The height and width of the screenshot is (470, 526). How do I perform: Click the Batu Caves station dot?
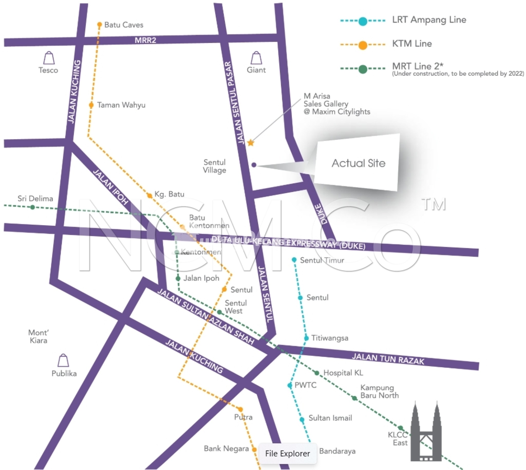[99, 24]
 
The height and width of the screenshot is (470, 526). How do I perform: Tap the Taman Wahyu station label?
[121, 105]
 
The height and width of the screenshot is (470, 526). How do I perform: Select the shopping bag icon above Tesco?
[49, 58]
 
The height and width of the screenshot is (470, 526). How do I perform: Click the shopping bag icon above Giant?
[256, 58]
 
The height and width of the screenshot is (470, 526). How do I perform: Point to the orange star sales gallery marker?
[250, 143]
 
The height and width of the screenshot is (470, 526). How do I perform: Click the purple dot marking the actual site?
[254, 165]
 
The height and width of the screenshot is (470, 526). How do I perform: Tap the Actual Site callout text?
[358, 163]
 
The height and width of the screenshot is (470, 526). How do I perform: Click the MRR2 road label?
[145, 40]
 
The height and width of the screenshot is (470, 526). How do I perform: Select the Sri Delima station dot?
[33, 207]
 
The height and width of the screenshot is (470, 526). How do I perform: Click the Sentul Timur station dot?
[294, 260]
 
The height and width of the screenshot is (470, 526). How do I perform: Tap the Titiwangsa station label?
[330, 338]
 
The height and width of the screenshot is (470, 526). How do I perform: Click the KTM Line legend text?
[412, 44]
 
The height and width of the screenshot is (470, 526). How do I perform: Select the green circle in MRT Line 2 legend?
[363, 69]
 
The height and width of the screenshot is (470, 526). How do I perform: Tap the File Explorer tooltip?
[288, 454]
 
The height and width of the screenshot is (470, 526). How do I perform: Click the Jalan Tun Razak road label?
[388, 359]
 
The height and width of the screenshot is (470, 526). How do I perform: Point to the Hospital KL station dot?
[317, 373]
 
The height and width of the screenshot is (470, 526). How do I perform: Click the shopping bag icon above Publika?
[63, 360]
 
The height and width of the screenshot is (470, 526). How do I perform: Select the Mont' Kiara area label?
[39, 337]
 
